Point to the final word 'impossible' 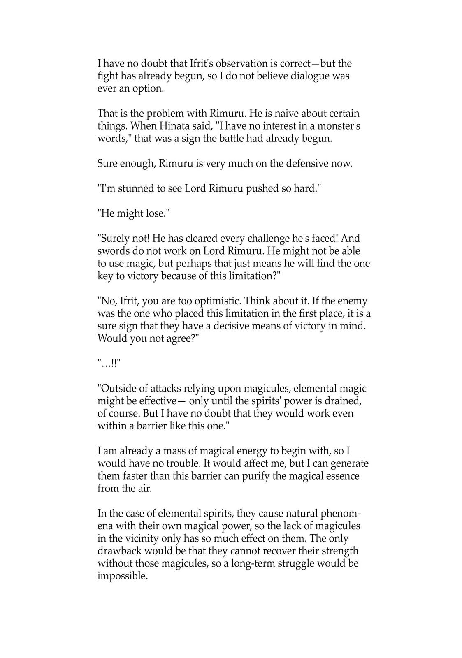point(122,576)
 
